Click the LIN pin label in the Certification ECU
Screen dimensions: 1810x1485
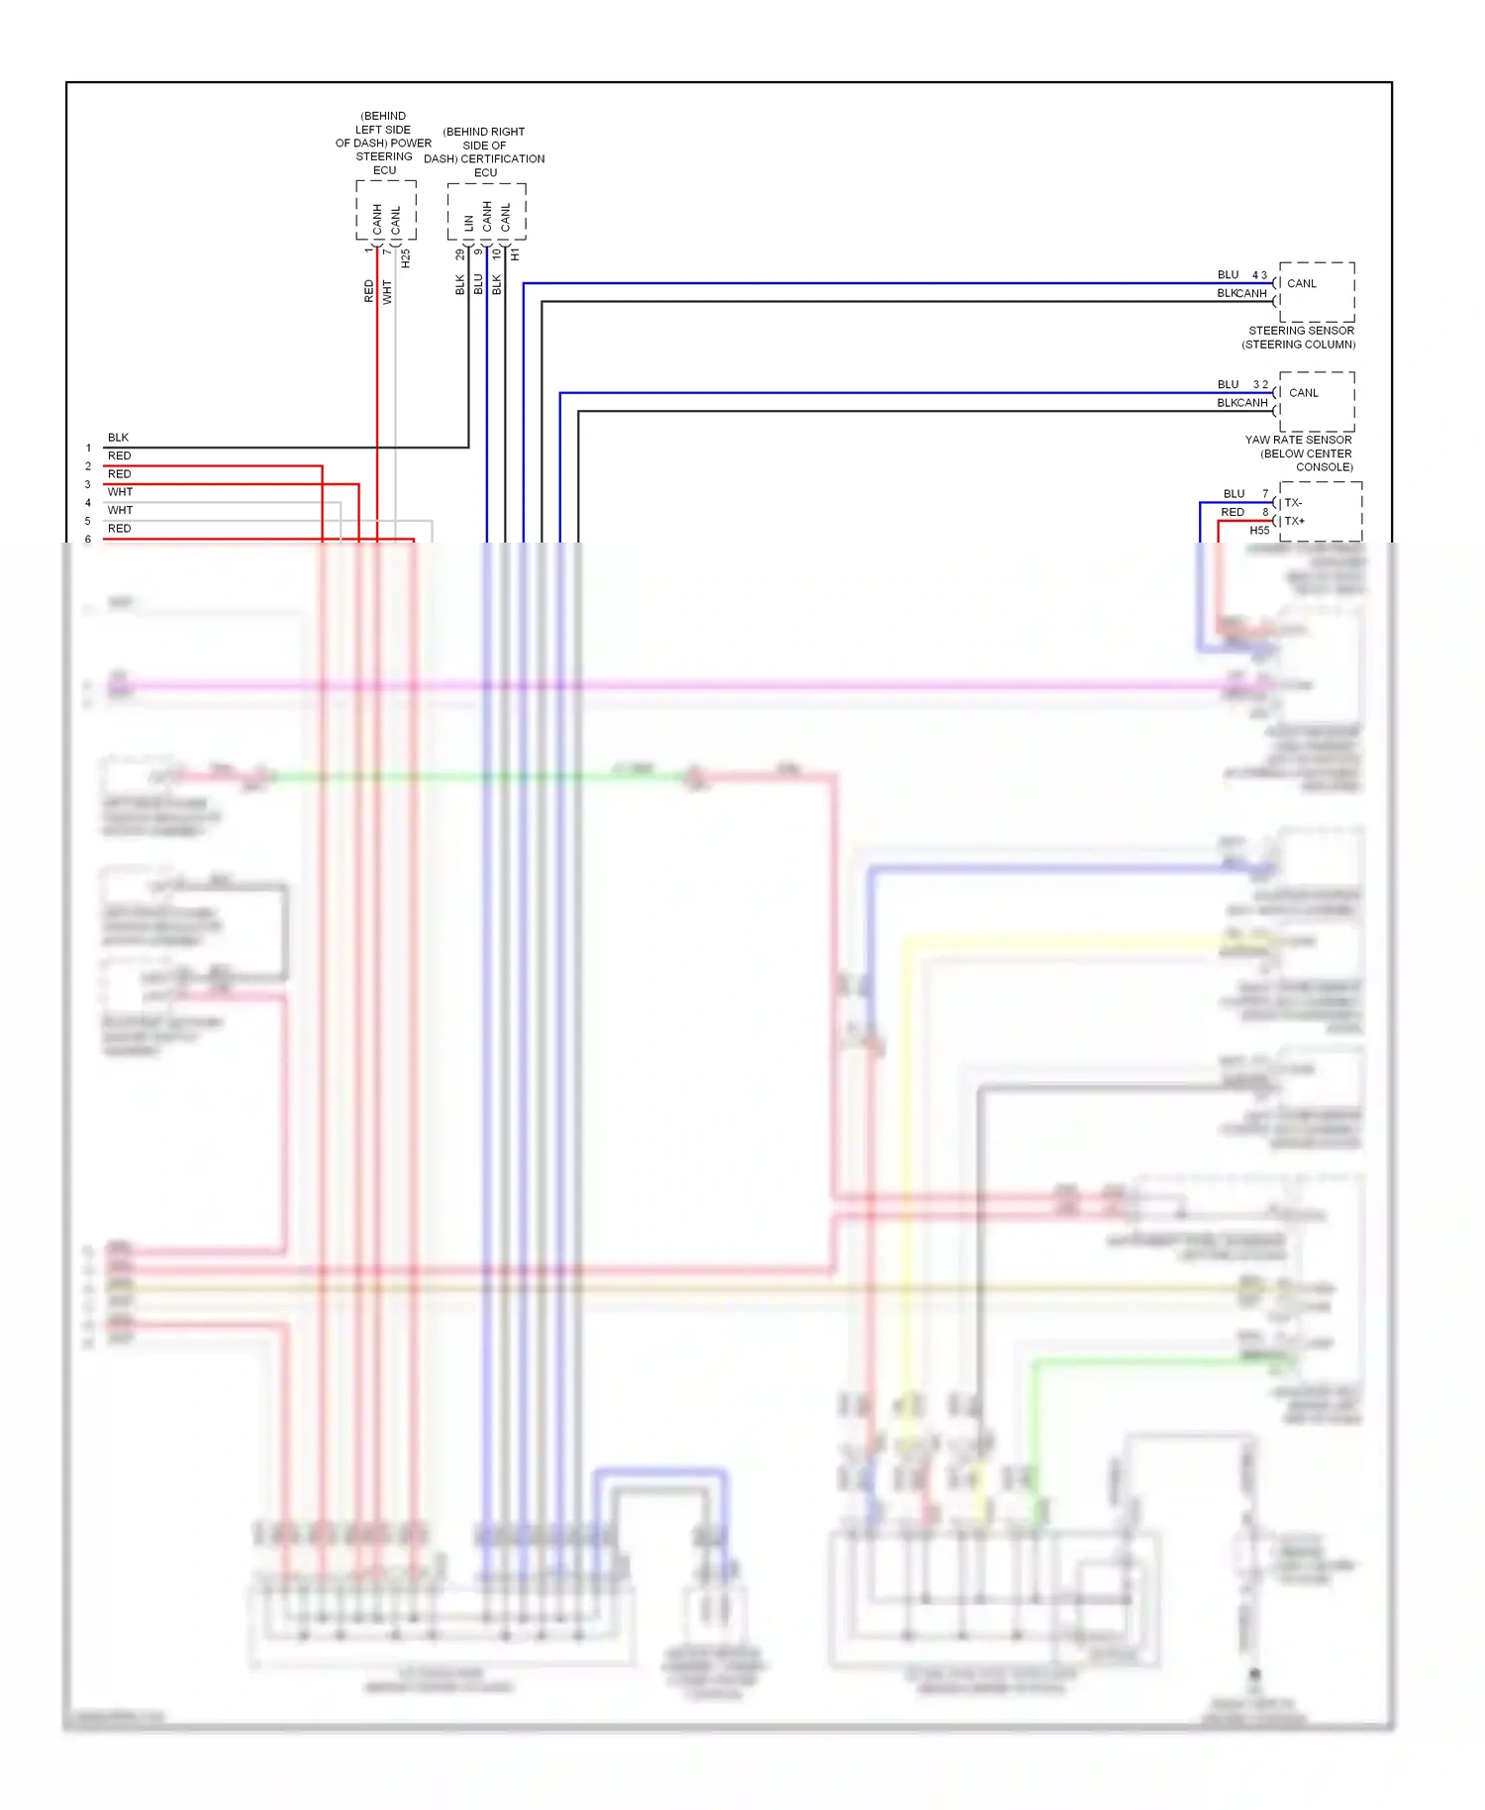pyautogui.click(x=468, y=224)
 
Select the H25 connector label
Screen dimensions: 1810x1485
pyautogui.click(x=406, y=258)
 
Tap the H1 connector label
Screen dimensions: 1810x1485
pyautogui.click(x=515, y=255)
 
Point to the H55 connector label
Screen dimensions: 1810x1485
pyautogui.click(x=1259, y=531)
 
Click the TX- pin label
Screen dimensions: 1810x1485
pyautogui.click(x=1293, y=503)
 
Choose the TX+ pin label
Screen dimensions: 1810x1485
pyautogui.click(x=1294, y=521)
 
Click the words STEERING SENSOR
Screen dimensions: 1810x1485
pyautogui.click(x=1301, y=331)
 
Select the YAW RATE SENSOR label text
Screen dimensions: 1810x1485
pyautogui.click(x=1298, y=440)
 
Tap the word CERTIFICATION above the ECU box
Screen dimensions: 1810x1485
pyautogui.click(x=503, y=158)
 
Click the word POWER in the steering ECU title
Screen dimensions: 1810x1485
pyautogui.click(x=411, y=143)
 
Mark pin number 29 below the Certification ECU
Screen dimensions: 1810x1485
pyautogui.click(x=460, y=254)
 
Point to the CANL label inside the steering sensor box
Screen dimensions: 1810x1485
pyautogui.click(x=1301, y=283)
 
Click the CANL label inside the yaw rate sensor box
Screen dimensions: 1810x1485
pyautogui.click(x=1303, y=393)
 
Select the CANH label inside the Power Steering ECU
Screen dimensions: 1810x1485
pyautogui.click(x=377, y=218)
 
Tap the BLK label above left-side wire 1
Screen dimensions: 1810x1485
pyautogui.click(x=118, y=438)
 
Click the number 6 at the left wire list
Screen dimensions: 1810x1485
pyautogui.click(x=88, y=540)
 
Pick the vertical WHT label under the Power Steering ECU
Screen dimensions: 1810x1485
pyautogui.click(x=387, y=291)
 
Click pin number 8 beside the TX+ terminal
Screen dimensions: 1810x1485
pyautogui.click(x=1265, y=512)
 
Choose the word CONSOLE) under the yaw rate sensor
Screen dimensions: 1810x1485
pyautogui.click(x=1324, y=467)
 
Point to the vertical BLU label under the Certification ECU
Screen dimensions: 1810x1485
pyautogui.click(x=478, y=284)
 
